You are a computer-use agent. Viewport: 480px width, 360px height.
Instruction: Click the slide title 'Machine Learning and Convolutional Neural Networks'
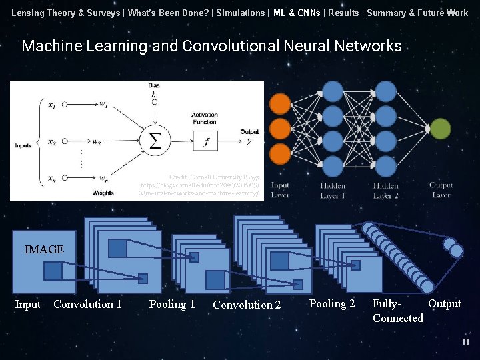(x=211, y=46)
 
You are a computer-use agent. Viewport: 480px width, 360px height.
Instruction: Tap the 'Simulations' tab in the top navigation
(x=240, y=13)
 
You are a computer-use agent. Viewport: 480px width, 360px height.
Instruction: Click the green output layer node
(x=440, y=129)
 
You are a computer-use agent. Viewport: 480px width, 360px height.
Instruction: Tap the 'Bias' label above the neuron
(x=154, y=86)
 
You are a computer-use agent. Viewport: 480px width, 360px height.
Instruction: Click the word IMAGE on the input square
(x=44, y=249)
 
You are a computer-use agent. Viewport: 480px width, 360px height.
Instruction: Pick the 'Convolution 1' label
(x=87, y=305)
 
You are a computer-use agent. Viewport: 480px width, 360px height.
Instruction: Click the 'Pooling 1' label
(x=172, y=305)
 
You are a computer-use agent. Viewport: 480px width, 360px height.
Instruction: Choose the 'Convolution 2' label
(x=247, y=305)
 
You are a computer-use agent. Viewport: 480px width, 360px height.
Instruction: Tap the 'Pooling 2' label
(x=332, y=304)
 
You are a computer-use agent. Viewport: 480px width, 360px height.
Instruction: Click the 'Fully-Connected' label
(x=397, y=311)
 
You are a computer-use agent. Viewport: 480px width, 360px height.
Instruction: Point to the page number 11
(x=466, y=342)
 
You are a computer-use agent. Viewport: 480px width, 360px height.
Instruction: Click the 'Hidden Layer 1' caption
(x=333, y=191)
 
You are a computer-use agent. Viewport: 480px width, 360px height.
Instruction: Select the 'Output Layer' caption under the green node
(x=441, y=191)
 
